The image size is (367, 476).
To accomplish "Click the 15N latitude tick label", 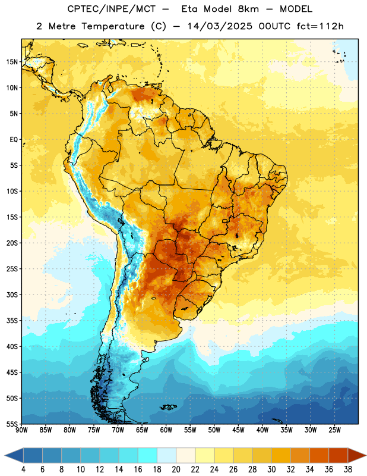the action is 12,62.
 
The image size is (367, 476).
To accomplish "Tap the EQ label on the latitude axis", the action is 14,140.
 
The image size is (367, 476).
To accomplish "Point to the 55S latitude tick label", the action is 12,424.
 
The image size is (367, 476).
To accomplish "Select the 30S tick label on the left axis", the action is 12,295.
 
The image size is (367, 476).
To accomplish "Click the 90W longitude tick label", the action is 21,430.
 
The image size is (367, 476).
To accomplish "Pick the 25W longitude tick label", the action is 334,430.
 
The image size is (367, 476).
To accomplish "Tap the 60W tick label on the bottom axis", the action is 166,430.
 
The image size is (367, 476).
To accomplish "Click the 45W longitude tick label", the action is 238,430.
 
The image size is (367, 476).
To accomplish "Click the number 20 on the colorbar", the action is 176,469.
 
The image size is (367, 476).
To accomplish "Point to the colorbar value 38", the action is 348,469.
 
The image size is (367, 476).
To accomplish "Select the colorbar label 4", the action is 23,469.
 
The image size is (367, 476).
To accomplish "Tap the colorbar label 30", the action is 271,469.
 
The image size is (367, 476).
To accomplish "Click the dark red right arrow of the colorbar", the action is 356,455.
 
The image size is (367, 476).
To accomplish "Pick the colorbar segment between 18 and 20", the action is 166,455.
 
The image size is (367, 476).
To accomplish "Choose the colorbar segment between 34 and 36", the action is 319,455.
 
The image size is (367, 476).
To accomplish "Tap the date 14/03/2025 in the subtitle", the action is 220,26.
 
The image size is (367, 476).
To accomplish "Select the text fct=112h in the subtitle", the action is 320,26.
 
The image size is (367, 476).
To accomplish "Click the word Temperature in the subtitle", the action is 113,26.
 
